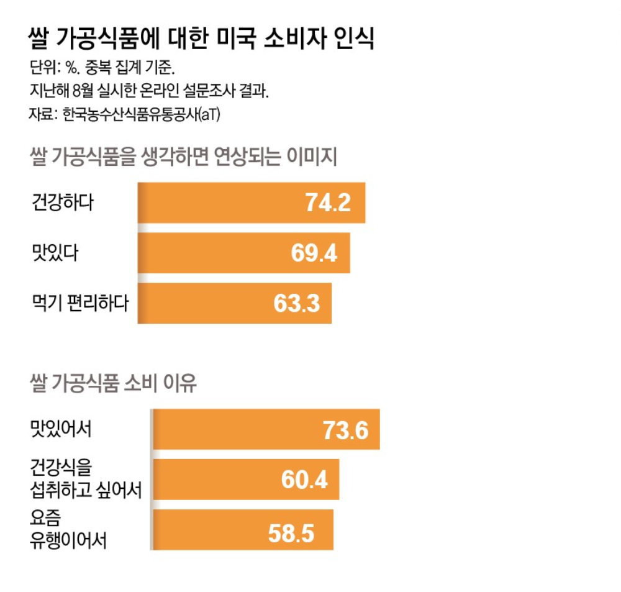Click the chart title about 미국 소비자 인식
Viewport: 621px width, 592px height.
coord(201,39)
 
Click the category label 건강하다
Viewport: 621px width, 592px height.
coord(61,203)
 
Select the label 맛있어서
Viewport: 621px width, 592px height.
coord(61,429)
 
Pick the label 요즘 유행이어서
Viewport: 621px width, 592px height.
coord(68,530)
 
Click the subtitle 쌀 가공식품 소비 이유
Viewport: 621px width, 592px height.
coord(113,383)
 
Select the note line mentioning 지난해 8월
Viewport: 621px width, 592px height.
coord(149,91)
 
